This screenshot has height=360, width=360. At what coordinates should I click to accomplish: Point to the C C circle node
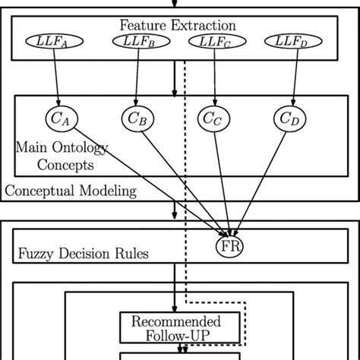(x=213, y=118)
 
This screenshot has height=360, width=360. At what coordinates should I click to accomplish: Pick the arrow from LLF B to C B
(x=135, y=76)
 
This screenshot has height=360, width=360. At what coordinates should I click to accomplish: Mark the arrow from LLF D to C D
(x=292, y=76)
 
